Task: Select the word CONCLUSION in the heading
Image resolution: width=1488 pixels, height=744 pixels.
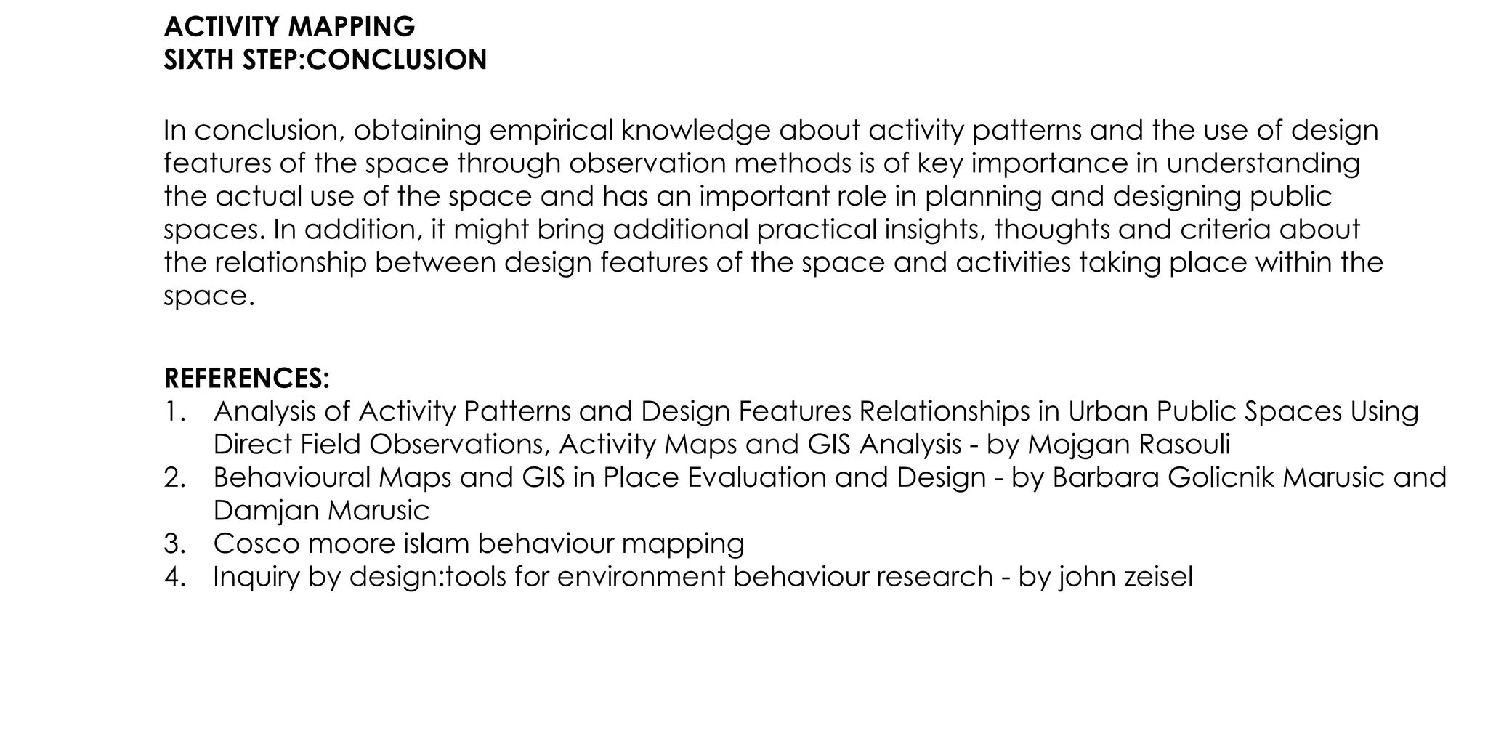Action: (x=396, y=60)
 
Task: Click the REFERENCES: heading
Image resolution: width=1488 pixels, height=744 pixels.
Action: (x=247, y=379)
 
